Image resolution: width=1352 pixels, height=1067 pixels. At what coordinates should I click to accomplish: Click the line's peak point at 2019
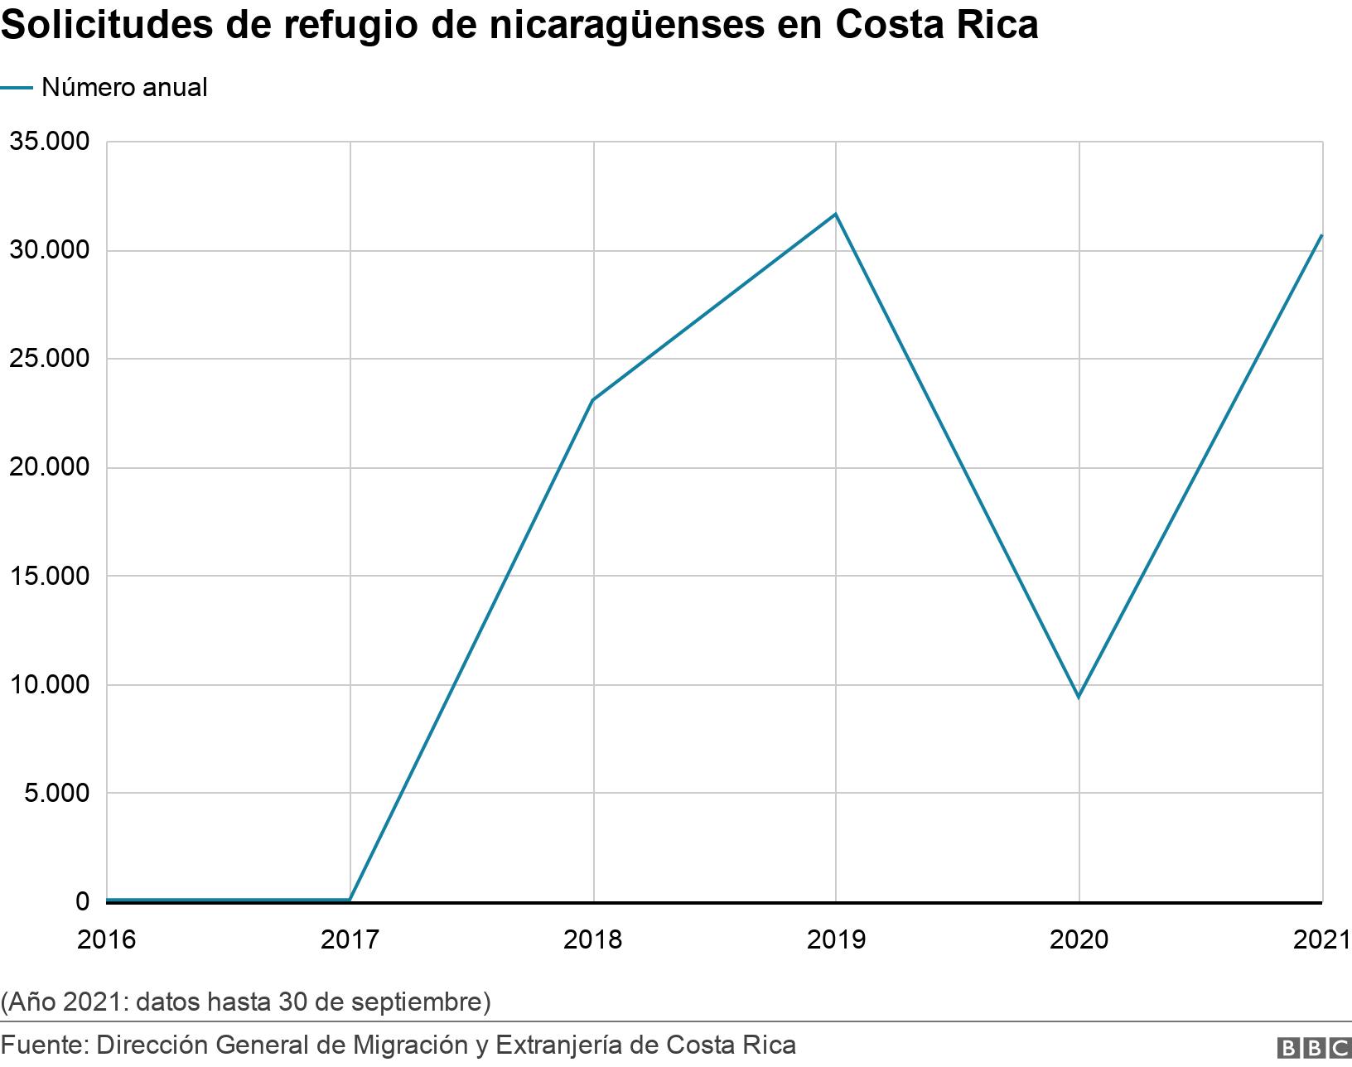836,214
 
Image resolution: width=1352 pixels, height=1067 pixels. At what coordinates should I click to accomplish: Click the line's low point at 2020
1079,698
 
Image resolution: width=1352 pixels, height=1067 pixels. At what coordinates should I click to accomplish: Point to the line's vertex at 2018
593,400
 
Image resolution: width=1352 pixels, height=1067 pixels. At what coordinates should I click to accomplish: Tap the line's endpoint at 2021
1321,235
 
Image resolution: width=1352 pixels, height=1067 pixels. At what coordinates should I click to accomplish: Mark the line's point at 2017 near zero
350,900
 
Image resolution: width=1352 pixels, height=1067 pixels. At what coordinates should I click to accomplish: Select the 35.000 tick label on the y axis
49,142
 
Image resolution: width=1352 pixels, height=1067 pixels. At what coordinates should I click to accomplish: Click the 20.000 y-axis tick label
49,467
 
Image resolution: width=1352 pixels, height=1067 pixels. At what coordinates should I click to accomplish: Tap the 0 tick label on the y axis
82,901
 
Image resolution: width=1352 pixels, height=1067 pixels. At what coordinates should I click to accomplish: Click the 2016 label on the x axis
106,939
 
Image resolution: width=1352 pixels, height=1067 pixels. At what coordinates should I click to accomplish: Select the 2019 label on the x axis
836,939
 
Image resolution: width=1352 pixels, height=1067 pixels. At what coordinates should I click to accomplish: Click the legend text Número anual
124,87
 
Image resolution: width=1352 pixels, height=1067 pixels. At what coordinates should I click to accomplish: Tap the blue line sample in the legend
17,87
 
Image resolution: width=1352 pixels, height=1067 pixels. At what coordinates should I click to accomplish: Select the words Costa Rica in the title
936,25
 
